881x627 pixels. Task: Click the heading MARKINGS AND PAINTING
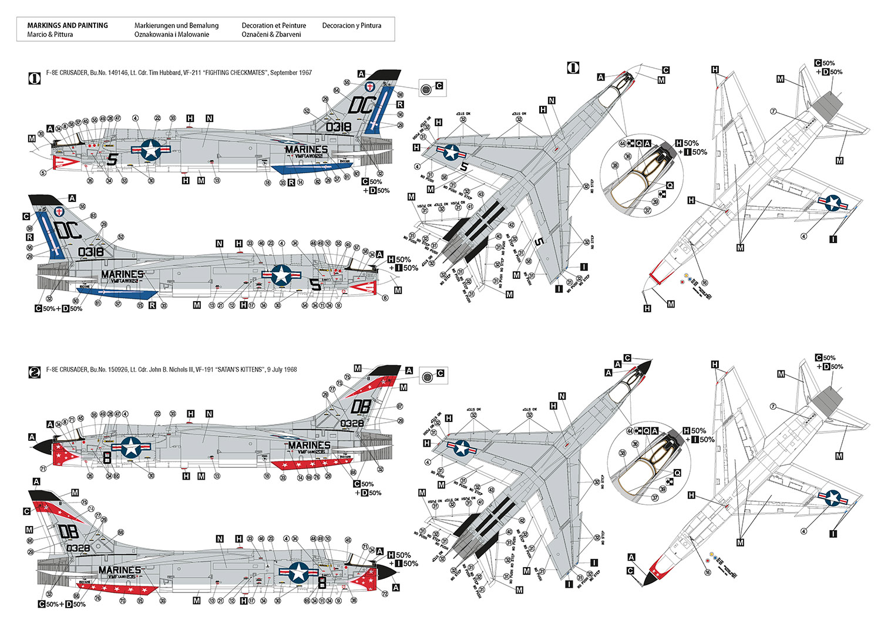[68, 25]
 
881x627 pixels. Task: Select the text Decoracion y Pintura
[351, 25]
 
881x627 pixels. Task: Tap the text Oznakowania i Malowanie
[172, 34]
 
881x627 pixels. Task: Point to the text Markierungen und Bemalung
[176, 25]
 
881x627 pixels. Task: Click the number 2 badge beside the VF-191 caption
[35, 372]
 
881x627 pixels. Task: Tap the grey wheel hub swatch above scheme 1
[426, 89]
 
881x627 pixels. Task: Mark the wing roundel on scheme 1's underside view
[833, 203]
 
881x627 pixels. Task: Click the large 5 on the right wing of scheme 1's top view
[539, 242]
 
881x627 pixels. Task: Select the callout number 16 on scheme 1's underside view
[705, 282]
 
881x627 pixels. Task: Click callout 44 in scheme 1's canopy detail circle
[622, 143]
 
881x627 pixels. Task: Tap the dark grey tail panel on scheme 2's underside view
[826, 399]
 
